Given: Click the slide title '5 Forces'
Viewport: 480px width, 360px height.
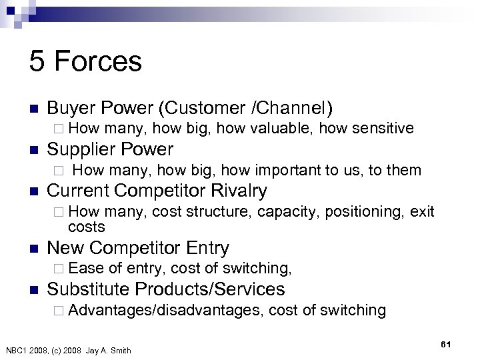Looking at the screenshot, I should (x=85, y=62).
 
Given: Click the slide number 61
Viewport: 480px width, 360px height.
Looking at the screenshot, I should (x=446, y=343).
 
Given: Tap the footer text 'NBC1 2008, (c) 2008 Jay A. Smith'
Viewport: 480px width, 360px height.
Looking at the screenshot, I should (x=68, y=351).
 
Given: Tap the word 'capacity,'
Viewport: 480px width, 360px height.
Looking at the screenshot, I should (x=286, y=212).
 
